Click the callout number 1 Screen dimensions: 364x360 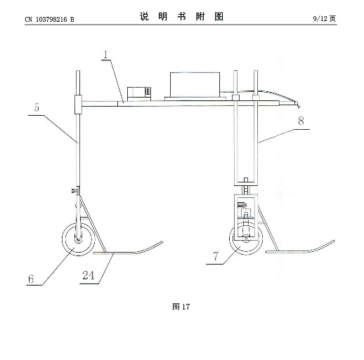106,55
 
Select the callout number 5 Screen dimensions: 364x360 37,107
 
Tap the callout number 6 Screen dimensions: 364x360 31,279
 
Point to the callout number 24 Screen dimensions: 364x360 88,275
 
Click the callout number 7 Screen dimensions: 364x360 216,256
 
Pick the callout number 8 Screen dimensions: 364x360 301,121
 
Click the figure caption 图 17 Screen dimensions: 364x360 181,307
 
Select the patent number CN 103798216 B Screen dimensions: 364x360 49,19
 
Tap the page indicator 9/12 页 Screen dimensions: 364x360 325,18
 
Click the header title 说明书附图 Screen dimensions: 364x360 181,17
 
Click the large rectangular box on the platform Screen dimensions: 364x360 195,85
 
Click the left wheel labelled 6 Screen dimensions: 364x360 79,239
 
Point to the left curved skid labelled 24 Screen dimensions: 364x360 128,252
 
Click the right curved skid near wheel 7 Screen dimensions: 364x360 300,251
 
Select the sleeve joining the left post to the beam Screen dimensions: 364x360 78,105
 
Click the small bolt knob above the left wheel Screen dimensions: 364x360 74,191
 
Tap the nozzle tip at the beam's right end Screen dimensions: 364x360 297,105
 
